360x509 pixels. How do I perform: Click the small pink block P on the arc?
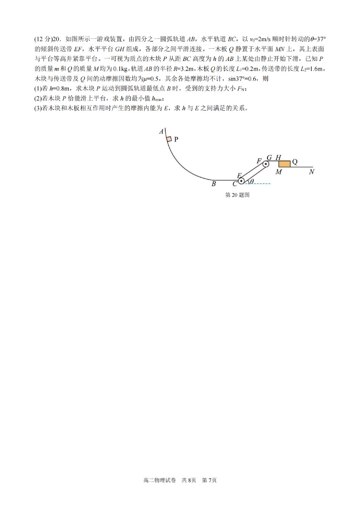tap(169, 139)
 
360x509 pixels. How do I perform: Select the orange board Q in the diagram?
tap(285, 164)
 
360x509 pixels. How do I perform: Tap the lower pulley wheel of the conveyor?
tap(241, 181)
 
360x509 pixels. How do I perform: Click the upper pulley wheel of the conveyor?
tap(265, 164)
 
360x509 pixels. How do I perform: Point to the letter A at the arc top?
tap(161, 131)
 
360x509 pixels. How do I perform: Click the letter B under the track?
tap(214, 184)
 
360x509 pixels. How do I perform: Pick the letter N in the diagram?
tap(312, 172)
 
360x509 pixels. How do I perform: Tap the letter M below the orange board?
tap(279, 172)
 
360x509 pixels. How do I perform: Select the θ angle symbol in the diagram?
tap(252, 181)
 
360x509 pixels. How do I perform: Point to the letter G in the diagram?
tap(269, 157)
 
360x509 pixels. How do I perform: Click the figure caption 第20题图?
tap(237, 195)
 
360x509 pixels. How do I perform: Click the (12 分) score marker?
tap(43, 39)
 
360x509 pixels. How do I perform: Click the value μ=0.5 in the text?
tap(151, 79)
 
